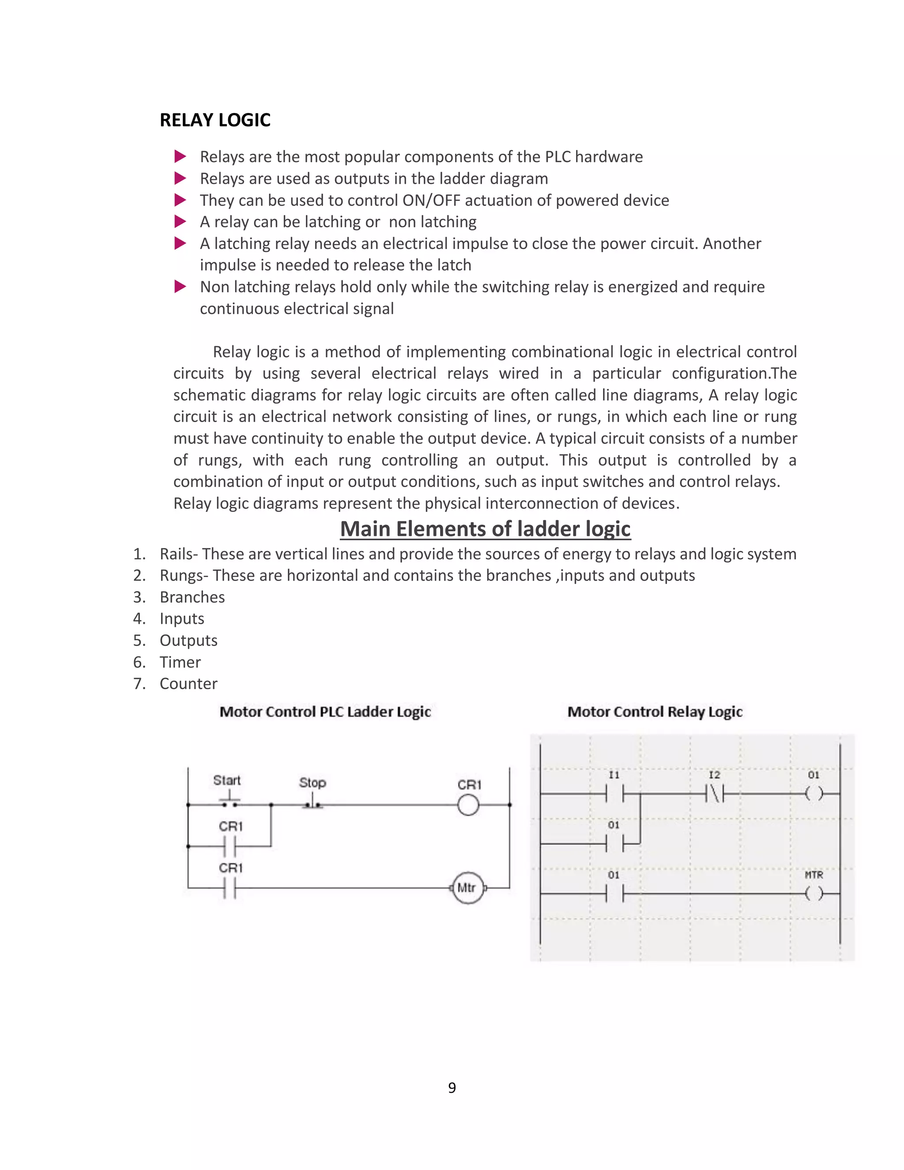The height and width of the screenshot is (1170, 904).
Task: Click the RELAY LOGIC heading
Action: point(215,120)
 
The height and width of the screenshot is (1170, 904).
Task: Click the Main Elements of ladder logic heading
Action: point(485,529)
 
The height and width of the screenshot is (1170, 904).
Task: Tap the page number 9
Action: point(452,1087)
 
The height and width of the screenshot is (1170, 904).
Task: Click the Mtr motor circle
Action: point(467,888)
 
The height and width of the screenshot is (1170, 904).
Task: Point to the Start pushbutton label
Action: point(226,780)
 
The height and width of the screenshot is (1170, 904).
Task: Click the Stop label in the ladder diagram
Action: point(312,783)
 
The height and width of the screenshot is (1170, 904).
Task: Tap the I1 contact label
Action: point(614,775)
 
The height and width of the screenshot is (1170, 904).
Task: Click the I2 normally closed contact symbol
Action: point(715,793)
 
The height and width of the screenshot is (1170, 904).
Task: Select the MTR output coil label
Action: point(814,875)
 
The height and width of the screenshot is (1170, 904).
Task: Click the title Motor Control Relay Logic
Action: point(655,712)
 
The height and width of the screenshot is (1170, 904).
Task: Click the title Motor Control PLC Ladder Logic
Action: point(325,712)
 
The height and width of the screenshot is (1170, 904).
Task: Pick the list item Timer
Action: point(180,662)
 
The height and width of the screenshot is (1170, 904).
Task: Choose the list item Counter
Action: point(188,683)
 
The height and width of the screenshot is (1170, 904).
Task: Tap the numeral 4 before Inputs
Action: point(139,619)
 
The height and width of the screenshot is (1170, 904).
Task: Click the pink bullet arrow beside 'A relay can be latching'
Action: point(181,221)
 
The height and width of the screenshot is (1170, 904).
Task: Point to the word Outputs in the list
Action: point(188,641)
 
